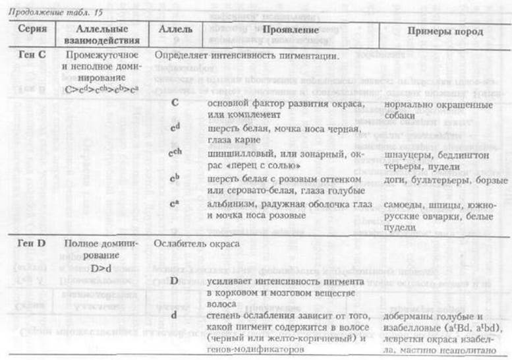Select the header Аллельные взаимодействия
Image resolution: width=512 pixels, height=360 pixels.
tap(100, 37)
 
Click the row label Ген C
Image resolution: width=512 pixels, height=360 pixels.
tap(31, 56)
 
